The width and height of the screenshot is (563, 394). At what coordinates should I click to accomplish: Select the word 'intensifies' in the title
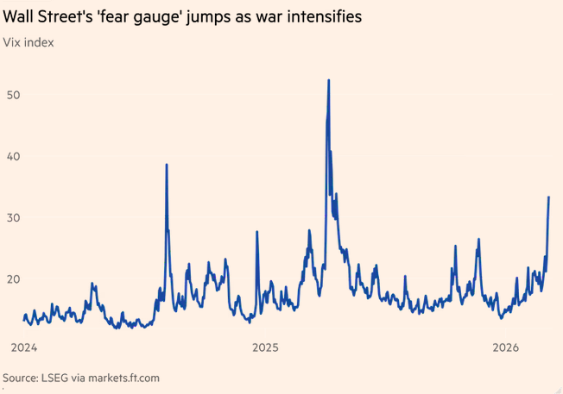pyautogui.click(x=325, y=16)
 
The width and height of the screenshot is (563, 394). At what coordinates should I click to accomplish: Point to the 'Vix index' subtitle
pyautogui.click(x=29, y=42)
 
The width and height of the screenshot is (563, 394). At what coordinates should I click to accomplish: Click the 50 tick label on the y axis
pyautogui.click(x=12, y=94)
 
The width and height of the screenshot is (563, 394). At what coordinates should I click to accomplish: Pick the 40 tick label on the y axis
pyautogui.click(x=12, y=156)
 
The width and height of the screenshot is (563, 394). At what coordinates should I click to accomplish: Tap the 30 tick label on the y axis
pyautogui.click(x=12, y=217)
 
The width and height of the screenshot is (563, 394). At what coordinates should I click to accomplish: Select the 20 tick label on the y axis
pyautogui.click(x=12, y=279)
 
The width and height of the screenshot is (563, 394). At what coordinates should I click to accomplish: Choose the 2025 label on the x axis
pyautogui.click(x=265, y=348)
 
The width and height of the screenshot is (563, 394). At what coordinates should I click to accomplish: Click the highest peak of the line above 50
pyautogui.click(x=329, y=80)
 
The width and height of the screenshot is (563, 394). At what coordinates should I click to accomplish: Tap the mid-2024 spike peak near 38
pyautogui.click(x=167, y=165)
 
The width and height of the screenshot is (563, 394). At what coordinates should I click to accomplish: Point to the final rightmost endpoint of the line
pyautogui.click(x=549, y=197)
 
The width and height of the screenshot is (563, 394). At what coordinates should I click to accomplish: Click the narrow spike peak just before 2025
pyautogui.click(x=256, y=231)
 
